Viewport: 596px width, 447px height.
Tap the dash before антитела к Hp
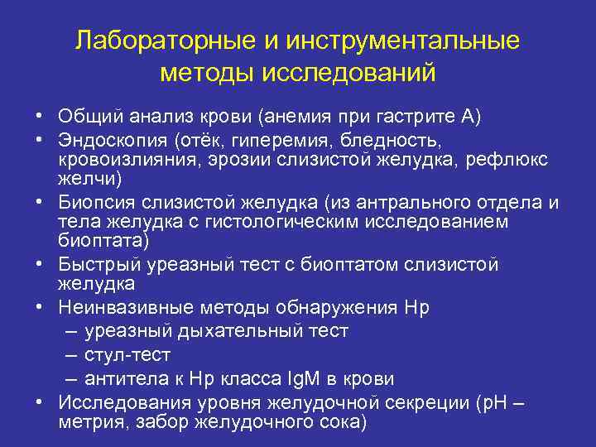[89, 379]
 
